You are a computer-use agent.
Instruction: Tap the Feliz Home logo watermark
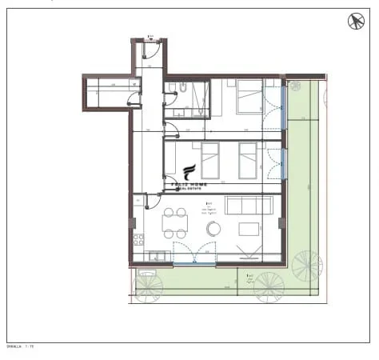click(x=189, y=175)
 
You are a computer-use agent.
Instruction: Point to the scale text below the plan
click(x=21, y=347)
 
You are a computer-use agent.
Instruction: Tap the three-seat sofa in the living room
click(x=249, y=205)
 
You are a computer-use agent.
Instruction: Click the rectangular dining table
click(x=175, y=223)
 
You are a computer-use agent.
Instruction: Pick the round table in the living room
click(x=213, y=229)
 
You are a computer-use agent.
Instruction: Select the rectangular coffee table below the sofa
click(x=249, y=230)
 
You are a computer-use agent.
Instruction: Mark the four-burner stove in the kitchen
click(x=140, y=238)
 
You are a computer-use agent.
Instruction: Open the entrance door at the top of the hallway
click(x=150, y=50)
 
